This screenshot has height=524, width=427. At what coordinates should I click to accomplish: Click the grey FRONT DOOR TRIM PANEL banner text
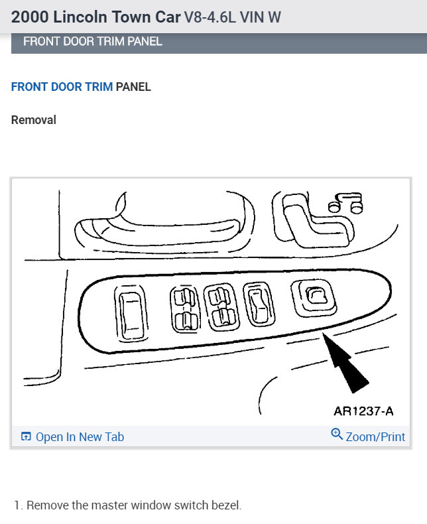tap(93, 42)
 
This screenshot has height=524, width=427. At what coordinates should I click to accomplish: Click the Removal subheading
tap(34, 120)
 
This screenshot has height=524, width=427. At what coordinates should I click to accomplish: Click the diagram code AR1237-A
tap(363, 411)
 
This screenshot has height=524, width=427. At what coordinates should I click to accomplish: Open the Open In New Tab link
tap(80, 437)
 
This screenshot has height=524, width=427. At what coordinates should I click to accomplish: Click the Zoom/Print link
tap(375, 437)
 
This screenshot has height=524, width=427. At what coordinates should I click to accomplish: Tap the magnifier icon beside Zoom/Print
tap(337, 435)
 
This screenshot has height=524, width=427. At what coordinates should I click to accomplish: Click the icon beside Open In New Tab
tap(27, 437)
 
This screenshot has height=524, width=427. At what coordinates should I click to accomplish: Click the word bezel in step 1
tap(227, 505)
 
